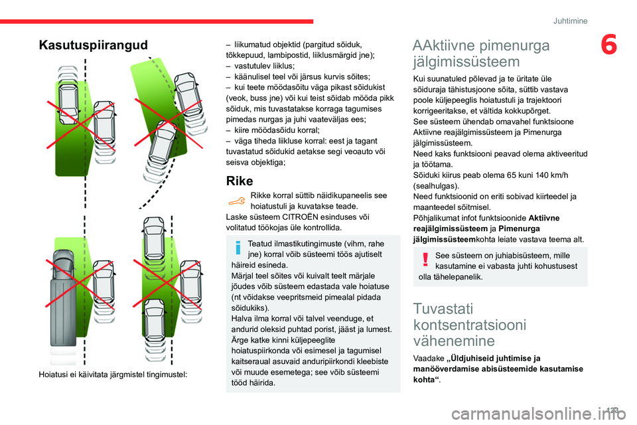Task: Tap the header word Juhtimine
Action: tap(570, 21)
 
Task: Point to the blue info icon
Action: tap(237, 248)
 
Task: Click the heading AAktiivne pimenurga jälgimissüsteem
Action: tap(481, 54)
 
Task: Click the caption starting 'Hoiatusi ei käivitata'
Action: tap(113, 375)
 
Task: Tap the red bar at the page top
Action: tap(157, 21)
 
